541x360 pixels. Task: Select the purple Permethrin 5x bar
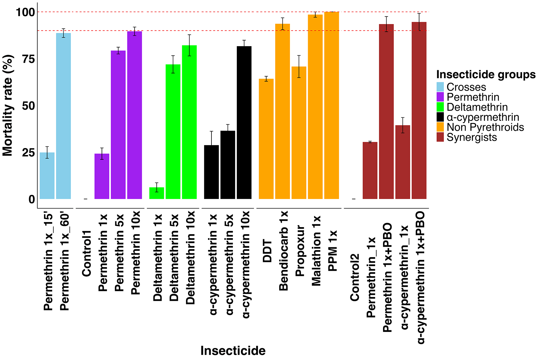coord(118,125)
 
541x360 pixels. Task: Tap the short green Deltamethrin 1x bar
coord(157,193)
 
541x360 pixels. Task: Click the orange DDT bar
coord(266,139)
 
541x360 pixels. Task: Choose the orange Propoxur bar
coord(299,133)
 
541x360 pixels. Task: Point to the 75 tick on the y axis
coord(28,59)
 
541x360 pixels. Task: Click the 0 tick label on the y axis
coord(32,199)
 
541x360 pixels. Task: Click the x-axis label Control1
coord(86,253)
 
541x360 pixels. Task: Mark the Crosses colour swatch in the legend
coord(440,87)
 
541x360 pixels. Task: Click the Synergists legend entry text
coord(472,137)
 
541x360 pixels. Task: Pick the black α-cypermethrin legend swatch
coord(440,117)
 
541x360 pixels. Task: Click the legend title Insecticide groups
coord(486,74)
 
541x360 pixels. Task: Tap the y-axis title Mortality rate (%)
coord(8,105)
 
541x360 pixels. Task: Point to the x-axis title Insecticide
coord(233,351)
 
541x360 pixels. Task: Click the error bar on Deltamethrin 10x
coord(189,45)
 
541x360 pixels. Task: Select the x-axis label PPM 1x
coord(332,251)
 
